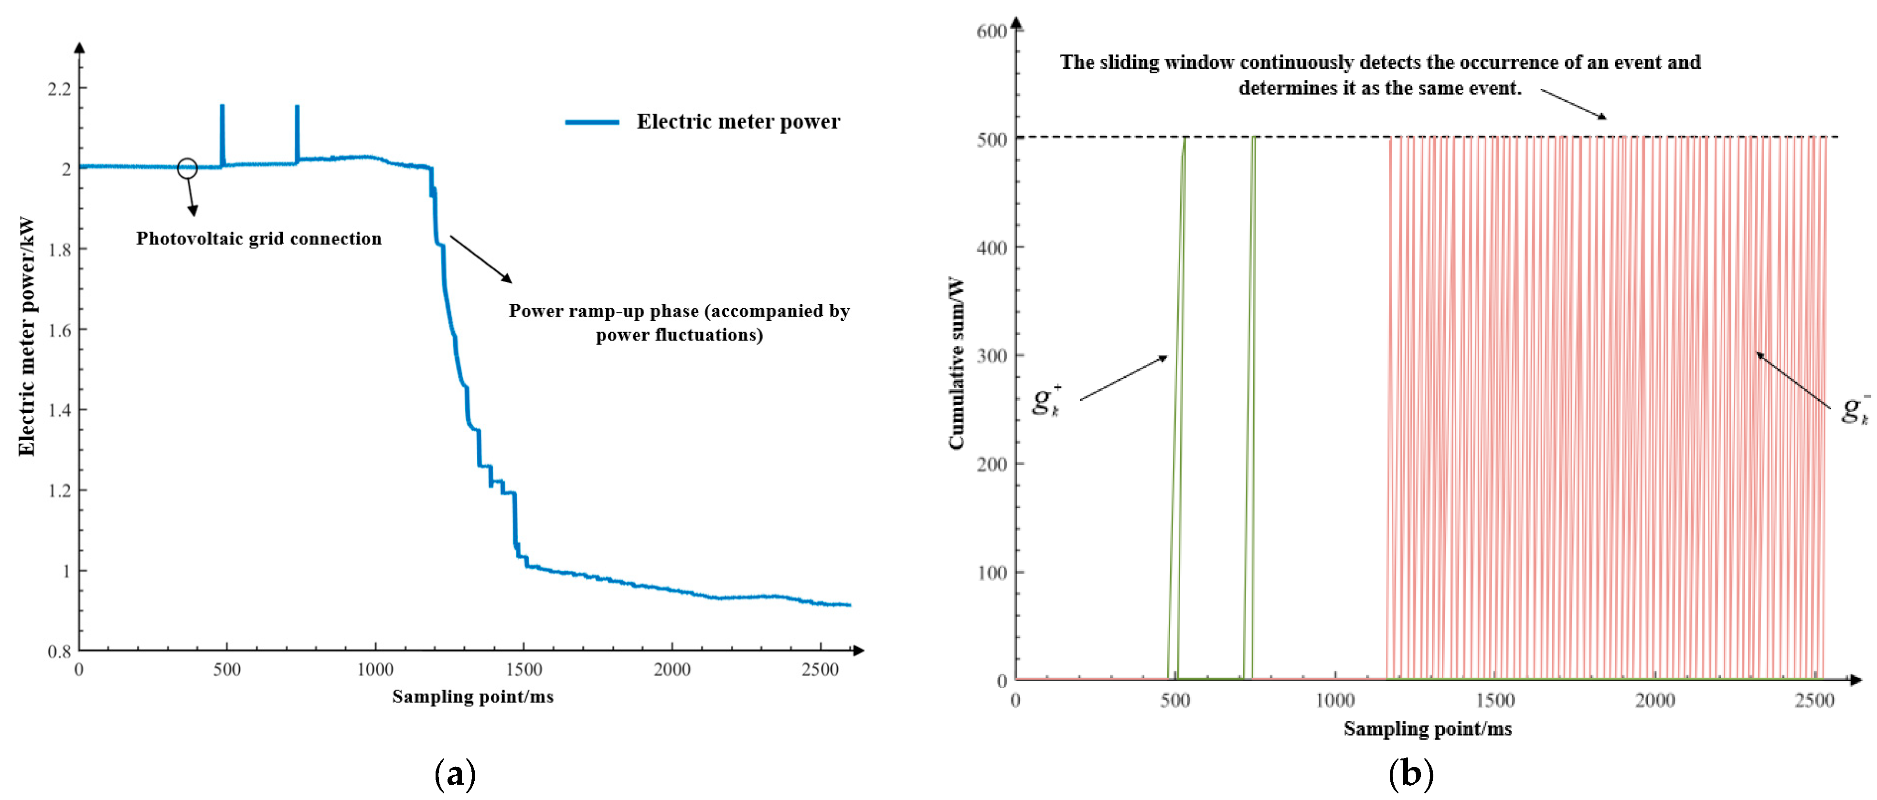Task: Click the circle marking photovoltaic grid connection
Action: (187, 168)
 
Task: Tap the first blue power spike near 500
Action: (222, 131)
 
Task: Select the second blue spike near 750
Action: (297, 131)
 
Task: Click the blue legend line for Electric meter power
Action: (592, 122)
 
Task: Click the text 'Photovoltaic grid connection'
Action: (259, 238)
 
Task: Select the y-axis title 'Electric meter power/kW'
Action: (26, 336)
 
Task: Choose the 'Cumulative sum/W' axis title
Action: (956, 363)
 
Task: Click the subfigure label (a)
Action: (455, 774)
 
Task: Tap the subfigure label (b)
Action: (1411, 774)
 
